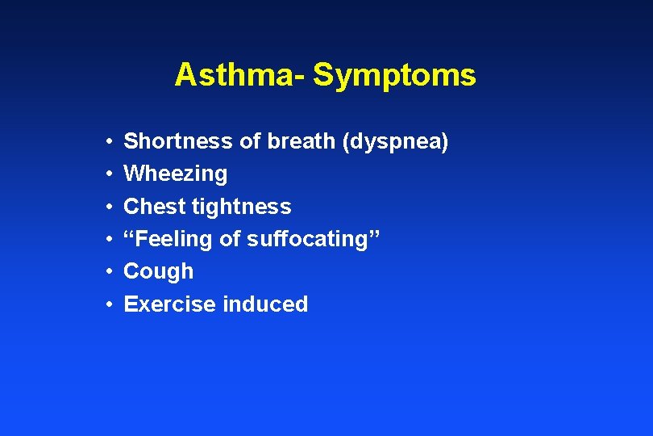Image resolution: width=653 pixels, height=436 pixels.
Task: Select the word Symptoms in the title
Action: (x=394, y=75)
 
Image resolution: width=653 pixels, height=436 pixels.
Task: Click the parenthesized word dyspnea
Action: (x=396, y=142)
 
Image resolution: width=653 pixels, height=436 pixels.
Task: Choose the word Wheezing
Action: (x=175, y=174)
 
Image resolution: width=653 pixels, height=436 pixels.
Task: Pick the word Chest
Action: (x=154, y=207)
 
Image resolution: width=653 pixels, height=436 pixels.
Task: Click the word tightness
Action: (x=241, y=207)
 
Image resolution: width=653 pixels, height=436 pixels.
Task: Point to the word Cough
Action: (x=158, y=271)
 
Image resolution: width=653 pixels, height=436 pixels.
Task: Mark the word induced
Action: (x=265, y=304)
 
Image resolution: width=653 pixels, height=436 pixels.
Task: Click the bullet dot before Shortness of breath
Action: (x=108, y=142)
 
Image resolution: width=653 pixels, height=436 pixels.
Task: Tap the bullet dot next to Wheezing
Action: (x=108, y=174)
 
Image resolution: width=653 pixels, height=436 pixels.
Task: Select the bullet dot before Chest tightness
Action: (x=108, y=208)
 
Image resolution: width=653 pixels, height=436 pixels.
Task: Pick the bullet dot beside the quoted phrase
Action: (x=108, y=240)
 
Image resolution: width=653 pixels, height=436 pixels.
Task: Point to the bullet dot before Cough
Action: (x=108, y=272)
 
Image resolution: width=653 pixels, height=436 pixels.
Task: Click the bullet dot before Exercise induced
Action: (x=108, y=305)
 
